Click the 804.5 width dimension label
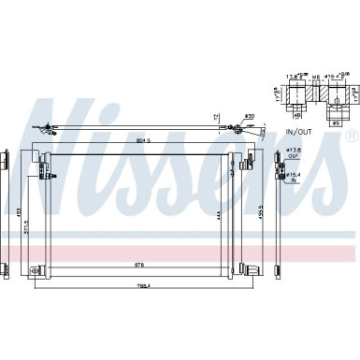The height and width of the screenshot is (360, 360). point(144,142)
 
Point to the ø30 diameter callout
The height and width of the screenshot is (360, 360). point(250,116)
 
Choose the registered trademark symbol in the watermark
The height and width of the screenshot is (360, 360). point(351,137)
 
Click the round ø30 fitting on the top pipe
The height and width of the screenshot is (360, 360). point(251,128)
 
